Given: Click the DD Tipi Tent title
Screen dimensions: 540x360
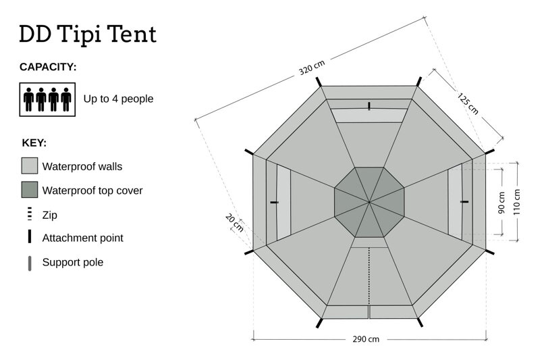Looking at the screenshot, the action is click(x=88, y=34).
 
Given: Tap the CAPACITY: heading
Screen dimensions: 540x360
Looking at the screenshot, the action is click(x=48, y=67).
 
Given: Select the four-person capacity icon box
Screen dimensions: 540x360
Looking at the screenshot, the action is click(x=47, y=99).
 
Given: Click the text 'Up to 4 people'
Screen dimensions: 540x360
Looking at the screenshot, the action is click(x=119, y=99).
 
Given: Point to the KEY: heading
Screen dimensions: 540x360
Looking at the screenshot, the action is click(x=34, y=143).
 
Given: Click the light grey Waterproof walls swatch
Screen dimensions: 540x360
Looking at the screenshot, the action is click(x=30, y=165).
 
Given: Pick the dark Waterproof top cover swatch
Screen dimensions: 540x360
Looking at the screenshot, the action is click(x=30, y=190).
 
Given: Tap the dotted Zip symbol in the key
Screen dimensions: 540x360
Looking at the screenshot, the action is click(x=30, y=214).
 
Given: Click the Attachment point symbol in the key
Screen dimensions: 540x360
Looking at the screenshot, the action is click(x=30, y=236).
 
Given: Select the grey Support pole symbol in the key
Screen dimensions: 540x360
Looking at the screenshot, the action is click(x=30, y=263).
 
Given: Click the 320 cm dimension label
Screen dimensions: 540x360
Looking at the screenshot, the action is click(x=312, y=68).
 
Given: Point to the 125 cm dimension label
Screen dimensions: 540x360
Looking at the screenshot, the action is click(x=468, y=104).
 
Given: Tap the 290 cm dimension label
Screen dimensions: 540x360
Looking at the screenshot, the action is click(x=366, y=339).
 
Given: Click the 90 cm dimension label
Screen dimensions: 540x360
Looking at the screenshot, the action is click(x=502, y=203).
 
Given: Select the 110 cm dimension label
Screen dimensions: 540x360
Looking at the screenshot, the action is click(x=516, y=203).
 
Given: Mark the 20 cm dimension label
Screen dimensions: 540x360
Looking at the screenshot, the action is click(x=234, y=222).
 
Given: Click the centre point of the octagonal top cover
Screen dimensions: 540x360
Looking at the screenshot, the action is click(x=369, y=202).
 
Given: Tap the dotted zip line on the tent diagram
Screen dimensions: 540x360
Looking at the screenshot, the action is click(x=369, y=276).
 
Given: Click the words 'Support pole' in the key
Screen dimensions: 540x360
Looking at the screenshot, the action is click(x=73, y=263).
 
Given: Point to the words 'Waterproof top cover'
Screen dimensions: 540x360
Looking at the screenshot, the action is click(x=92, y=190).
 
